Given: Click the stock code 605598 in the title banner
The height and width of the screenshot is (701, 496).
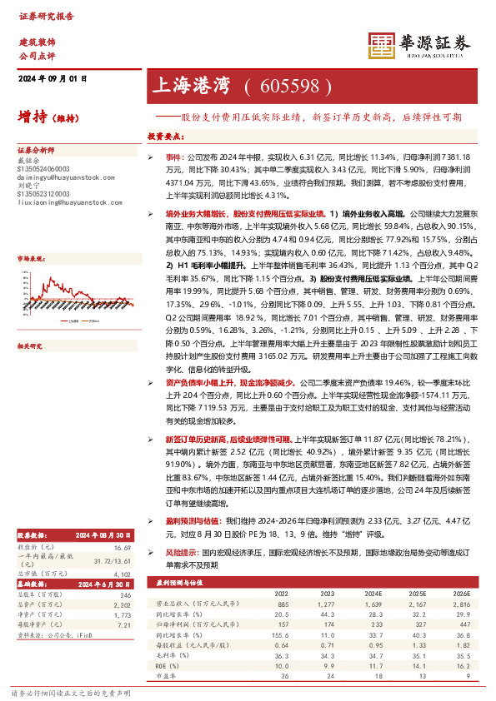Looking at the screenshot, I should (296, 86).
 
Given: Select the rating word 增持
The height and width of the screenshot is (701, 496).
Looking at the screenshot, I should (31, 117).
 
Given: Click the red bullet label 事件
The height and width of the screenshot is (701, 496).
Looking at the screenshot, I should (172, 157).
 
